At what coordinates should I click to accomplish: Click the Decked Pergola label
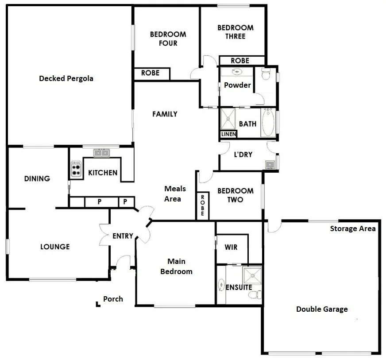tap(66, 79)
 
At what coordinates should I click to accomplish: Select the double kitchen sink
tap(102, 153)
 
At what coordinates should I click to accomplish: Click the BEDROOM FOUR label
tap(168, 39)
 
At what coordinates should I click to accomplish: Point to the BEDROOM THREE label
tap(235, 32)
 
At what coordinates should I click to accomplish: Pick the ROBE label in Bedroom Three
tap(240, 61)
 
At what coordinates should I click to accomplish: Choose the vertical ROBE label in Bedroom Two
tap(202, 205)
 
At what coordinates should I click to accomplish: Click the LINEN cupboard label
tap(228, 134)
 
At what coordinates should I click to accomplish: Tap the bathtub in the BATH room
tap(268, 123)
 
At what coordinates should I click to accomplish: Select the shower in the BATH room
tap(229, 119)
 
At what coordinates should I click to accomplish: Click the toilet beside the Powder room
tap(266, 75)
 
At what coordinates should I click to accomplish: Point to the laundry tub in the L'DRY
tap(270, 165)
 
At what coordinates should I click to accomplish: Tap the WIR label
tap(231, 247)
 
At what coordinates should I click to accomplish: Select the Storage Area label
tap(353, 228)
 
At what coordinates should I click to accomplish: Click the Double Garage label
tap(322, 309)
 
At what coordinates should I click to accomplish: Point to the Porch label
tap(113, 299)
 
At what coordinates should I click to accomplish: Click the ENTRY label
tap(123, 236)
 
